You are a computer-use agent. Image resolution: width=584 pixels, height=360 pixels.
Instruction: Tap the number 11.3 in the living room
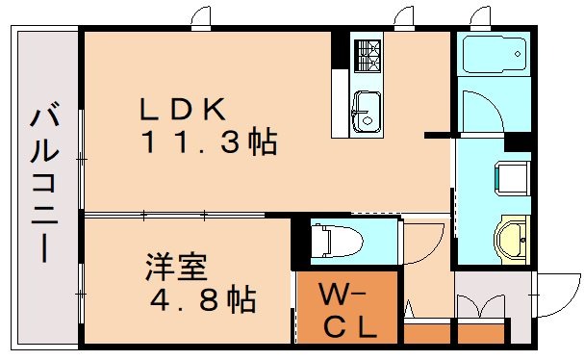pyautogui.click(x=192, y=145)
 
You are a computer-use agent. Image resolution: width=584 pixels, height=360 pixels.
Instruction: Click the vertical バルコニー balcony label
pyautogui.click(x=43, y=182)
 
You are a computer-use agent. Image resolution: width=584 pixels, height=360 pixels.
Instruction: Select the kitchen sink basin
pyautogui.click(x=367, y=111)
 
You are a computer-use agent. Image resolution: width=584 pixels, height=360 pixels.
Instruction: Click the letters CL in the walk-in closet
pyautogui.click(x=347, y=327)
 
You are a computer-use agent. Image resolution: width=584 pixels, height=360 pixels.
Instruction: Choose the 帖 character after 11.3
pyautogui.click(x=260, y=145)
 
